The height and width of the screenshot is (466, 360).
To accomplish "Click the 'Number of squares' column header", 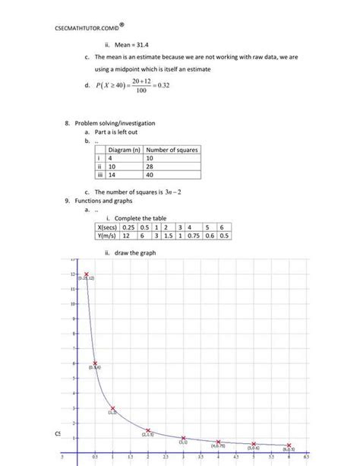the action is (x=172, y=150).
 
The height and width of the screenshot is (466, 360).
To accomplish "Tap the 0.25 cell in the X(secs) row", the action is (x=132, y=227).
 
